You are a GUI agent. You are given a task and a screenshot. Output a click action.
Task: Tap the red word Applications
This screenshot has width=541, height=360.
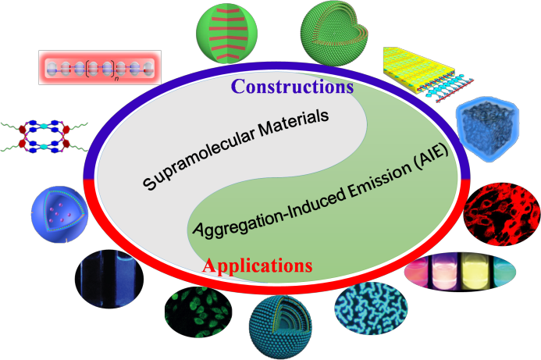[x=257, y=266]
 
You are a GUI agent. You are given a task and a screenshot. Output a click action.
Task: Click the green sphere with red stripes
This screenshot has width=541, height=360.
[x=233, y=35]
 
